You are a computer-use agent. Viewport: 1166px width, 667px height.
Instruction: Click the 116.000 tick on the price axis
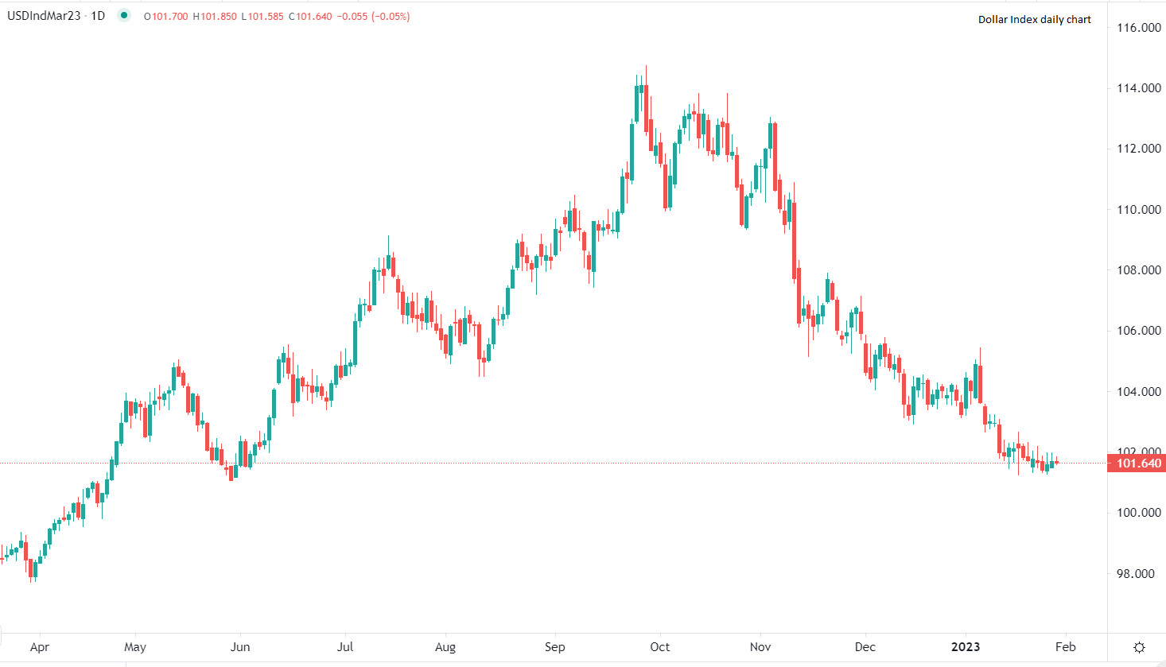1139,28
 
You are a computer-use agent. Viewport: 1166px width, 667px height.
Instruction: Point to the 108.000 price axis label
1139,270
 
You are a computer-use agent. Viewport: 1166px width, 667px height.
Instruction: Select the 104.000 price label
1139,392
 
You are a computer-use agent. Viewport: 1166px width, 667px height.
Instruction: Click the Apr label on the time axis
39,647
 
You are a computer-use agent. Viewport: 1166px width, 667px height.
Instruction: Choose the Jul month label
345,647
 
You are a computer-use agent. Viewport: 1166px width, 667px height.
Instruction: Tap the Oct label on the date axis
660,647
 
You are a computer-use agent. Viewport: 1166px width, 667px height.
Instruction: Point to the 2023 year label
966,647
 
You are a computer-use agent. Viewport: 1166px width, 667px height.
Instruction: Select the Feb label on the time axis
1066,647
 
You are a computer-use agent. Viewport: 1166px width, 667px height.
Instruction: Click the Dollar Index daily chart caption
1034,20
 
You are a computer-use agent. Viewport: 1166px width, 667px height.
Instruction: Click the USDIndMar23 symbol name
45,16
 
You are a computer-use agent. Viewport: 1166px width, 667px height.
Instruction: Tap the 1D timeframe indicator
97,16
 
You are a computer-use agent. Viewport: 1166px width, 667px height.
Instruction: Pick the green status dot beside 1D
124,15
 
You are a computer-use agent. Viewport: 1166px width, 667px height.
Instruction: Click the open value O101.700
165,16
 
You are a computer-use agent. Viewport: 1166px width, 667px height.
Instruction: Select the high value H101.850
215,16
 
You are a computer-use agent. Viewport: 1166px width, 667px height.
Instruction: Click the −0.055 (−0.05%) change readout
374,16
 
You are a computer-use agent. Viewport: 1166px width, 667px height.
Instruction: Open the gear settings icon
1139,647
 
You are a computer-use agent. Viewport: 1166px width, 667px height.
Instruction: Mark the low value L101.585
262,16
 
